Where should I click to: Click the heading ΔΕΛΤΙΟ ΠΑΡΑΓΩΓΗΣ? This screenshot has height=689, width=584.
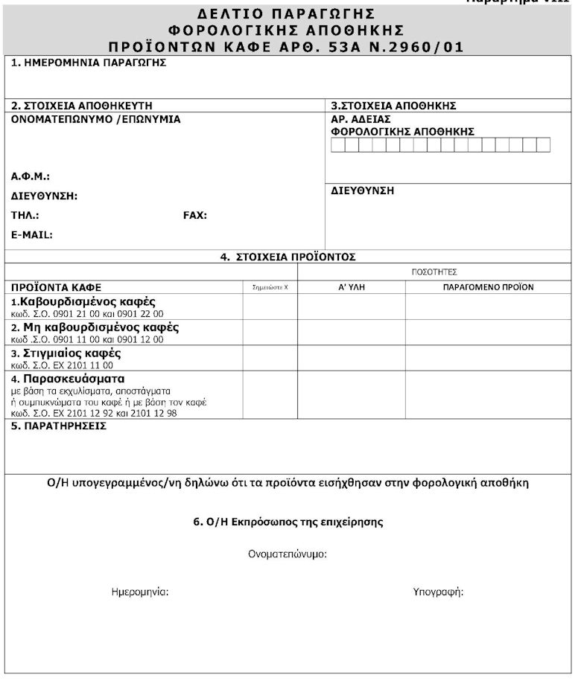point(287,14)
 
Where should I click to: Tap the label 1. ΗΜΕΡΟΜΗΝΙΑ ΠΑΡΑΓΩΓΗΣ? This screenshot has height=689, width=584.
point(89,63)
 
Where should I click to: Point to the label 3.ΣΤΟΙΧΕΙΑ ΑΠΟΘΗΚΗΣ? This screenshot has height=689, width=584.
point(393,106)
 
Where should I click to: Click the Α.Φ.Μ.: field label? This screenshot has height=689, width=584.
point(31,176)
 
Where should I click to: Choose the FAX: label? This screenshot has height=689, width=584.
point(195,215)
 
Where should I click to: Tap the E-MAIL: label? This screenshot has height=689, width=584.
point(32,234)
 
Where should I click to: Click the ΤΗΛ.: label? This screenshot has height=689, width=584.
point(25,215)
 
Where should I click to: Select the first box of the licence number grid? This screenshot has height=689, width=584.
point(338,145)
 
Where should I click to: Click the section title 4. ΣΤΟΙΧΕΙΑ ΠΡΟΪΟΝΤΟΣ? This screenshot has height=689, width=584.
point(288,257)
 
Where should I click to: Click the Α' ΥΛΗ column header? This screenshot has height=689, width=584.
point(351,286)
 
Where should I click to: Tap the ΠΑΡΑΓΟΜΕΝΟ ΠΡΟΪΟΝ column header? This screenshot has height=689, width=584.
point(488,286)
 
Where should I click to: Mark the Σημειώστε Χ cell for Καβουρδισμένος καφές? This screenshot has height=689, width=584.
point(270,307)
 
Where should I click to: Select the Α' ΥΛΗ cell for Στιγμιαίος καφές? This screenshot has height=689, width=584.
point(351,359)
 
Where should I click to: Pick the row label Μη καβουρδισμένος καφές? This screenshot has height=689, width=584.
point(101,327)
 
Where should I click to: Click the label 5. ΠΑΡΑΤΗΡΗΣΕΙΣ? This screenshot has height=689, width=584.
point(59,426)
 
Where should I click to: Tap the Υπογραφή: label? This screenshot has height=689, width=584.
point(438,592)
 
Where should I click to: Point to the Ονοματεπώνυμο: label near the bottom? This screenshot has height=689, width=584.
point(288,554)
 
